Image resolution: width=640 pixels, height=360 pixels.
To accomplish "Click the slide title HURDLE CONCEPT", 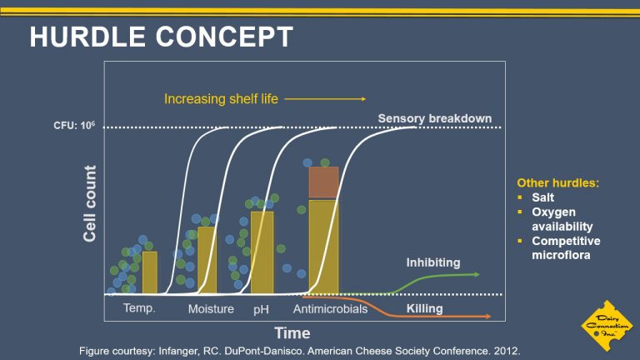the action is coord(161,37).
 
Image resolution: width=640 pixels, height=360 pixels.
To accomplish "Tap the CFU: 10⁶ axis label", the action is coord(74,125).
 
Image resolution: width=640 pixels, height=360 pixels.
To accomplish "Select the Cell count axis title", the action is coord(90,203).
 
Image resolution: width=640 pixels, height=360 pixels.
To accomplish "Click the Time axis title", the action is coord(292,333).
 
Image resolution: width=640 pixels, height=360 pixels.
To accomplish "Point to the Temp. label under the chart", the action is coord(139,307).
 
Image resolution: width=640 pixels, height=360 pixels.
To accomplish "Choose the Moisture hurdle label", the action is coord(211,309).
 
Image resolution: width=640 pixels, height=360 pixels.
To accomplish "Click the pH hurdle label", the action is coord(261,309).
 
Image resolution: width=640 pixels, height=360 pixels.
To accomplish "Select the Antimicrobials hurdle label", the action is coord(330,309).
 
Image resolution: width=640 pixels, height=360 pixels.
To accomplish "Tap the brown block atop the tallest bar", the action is coord(323,182).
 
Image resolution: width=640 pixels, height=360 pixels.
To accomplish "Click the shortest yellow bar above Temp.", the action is coord(150,272).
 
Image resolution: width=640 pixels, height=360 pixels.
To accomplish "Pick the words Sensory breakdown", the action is coord(435,119).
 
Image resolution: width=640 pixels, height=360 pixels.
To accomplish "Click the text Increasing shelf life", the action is coord(221,99).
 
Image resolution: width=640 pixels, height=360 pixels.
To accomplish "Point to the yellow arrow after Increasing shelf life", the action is coord(325,99).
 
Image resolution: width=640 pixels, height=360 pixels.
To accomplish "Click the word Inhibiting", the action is coord(433,262).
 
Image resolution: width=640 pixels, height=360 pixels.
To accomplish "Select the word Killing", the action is coord(424,308).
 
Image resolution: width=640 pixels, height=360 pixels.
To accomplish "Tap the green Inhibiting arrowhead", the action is coord(476,274).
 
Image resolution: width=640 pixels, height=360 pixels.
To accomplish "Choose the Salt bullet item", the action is coord(542,197).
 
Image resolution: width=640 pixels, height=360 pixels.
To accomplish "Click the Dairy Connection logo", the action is coord(607,326).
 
